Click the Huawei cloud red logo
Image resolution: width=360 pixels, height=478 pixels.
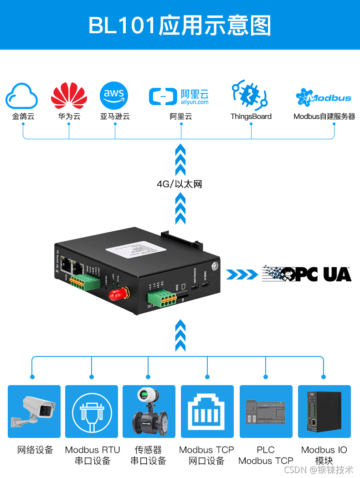(69, 96)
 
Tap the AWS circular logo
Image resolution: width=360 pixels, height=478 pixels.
(114, 96)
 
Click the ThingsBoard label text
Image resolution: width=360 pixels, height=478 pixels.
(251, 117)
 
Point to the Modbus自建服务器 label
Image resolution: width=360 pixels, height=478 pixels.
(324, 117)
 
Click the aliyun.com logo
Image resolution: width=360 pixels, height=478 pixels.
(179, 96)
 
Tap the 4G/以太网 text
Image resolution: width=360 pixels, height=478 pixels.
(179, 184)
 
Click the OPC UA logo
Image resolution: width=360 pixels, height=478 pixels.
(306, 274)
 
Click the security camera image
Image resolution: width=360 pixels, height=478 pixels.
(34, 411)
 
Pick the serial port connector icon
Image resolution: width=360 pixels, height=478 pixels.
(92, 412)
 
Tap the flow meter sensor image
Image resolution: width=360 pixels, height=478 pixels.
(149, 412)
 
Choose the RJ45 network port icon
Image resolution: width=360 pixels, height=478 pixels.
(207, 412)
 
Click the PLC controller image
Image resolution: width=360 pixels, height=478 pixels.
(266, 412)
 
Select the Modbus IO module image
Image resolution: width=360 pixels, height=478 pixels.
(324, 412)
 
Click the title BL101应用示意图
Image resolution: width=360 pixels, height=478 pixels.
(180, 25)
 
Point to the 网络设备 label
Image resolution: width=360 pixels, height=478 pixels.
(35, 450)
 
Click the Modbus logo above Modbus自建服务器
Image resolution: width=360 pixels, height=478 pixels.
(324, 97)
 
